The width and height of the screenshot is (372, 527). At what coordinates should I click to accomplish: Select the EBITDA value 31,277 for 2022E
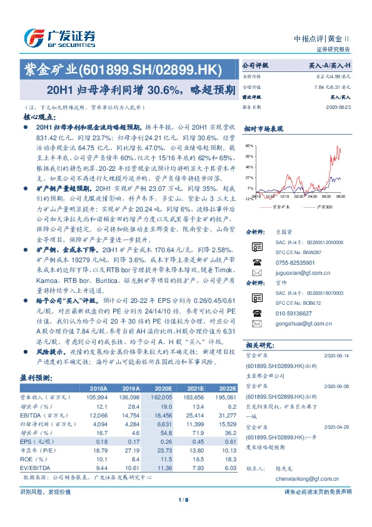[x=225, y=415]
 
